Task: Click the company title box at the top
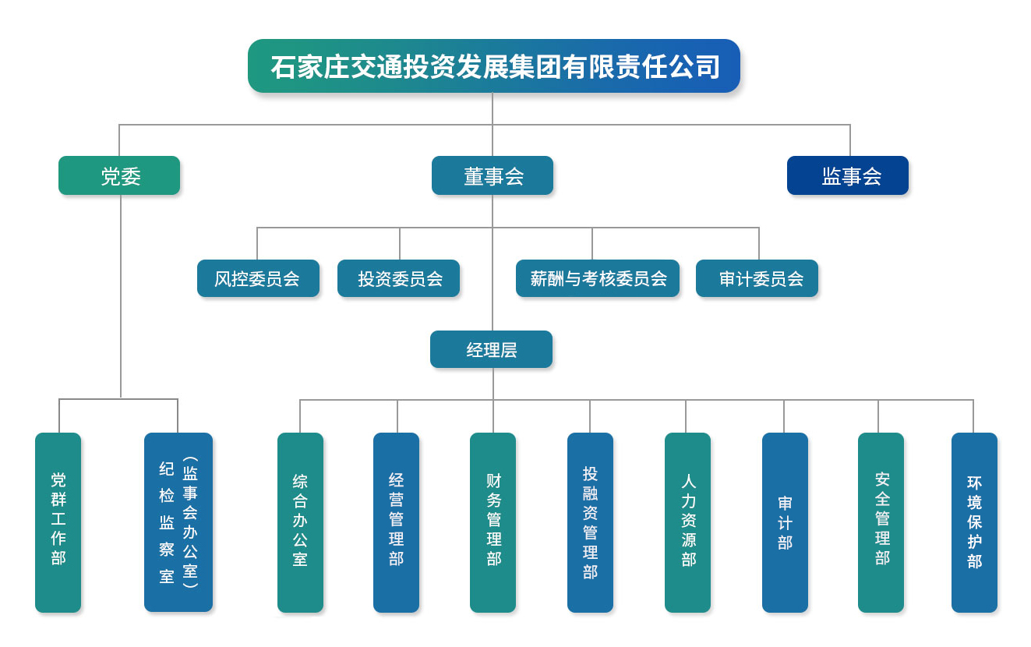(493, 65)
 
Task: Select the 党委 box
(119, 175)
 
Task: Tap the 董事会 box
(493, 175)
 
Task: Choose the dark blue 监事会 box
(848, 175)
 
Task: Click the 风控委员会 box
(258, 278)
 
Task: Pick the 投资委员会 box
(398, 278)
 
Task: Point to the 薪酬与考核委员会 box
(598, 278)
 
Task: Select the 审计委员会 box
(757, 278)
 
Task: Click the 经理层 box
(491, 349)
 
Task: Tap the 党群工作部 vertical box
(58, 522)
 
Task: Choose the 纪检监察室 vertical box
(178, 522)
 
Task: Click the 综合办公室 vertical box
(301, 522)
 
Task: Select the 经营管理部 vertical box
(397, 522)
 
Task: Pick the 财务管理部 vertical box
(493, 522)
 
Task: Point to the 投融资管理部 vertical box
(591, 522)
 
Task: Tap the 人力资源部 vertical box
(687, 522)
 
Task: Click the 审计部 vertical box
(786, 522)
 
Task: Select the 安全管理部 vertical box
(881, 522)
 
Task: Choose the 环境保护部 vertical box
(974, 522)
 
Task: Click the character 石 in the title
(283, 67)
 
